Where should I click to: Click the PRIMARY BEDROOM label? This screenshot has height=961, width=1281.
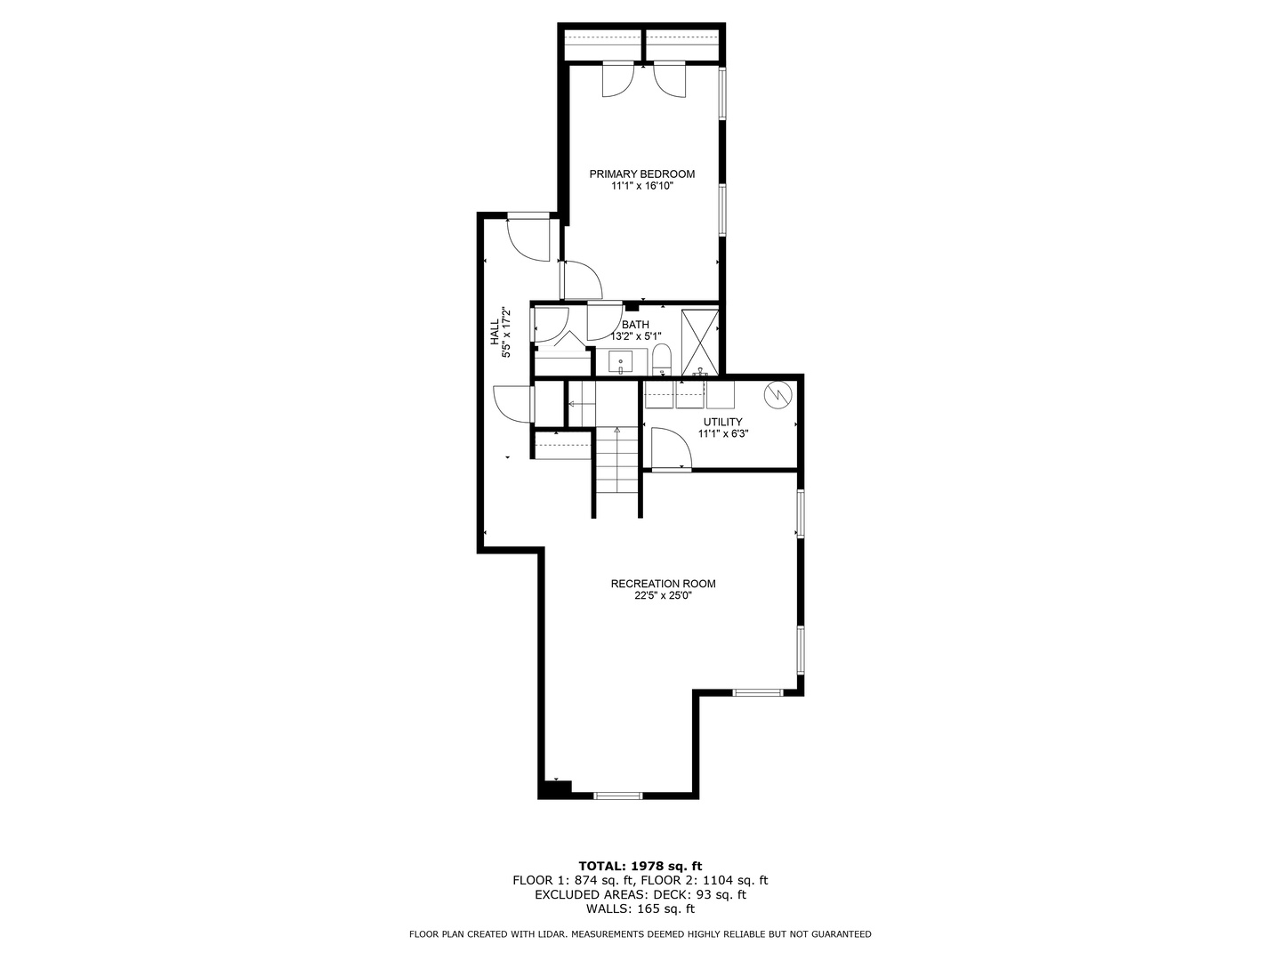coord(641,174)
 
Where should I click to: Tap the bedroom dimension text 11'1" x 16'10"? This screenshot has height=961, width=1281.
coord(641,187)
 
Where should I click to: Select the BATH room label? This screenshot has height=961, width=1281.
coord(635,325)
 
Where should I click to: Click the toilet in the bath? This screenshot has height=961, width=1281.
coord(661,360)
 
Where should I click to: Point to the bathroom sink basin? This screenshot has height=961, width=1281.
coord(620,363)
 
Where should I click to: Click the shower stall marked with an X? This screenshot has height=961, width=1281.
coord(699,341)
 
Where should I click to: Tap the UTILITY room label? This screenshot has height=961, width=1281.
coord(722,422)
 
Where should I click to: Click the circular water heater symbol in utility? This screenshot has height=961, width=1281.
coord(778,393)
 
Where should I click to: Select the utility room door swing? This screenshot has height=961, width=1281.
coord(669,448)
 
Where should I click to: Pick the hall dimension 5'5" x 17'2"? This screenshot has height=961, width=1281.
coord(507,333)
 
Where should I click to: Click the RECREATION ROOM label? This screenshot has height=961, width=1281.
coord(663,584)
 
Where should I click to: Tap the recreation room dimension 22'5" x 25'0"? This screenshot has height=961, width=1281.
coord(663,597)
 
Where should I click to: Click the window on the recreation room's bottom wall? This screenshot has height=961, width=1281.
coord(617,795)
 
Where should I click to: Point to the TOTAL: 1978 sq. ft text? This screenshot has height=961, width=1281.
coord(640,865)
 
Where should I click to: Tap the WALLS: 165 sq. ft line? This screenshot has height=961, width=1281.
coord(640,909)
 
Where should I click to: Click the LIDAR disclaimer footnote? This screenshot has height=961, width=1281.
coord(640,934)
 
